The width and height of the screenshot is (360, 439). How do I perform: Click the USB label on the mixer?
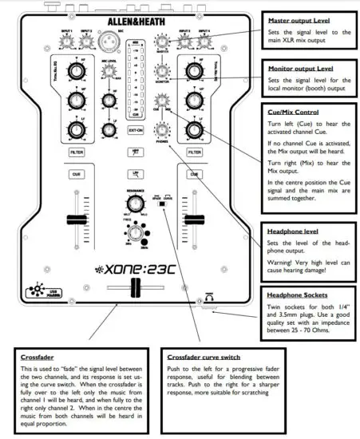click(47, 289)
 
